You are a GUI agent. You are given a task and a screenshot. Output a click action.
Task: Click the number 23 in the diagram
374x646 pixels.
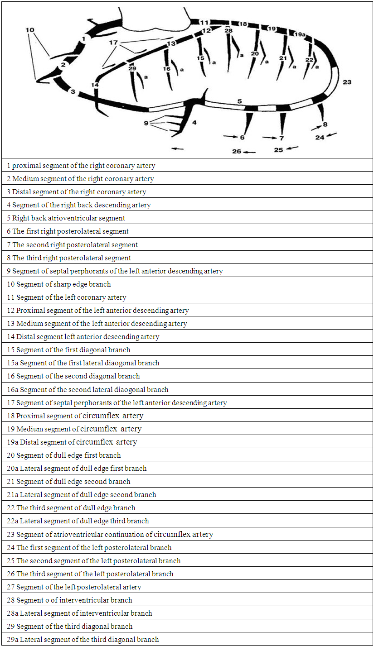tap(347, 82)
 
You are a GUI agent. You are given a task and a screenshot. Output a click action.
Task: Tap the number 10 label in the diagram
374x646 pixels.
tap(30, 30)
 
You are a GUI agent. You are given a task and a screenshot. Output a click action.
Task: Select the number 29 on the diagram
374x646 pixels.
tap(132, 68)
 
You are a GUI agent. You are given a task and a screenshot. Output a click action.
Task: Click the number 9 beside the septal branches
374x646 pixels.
tap(146, 123)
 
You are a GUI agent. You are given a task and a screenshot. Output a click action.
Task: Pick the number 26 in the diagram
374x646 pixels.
tap(237, 151)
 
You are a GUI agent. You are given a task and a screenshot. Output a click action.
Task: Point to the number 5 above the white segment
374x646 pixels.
tap(240, 101)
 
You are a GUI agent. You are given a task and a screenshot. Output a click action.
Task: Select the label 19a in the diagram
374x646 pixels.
tap(299, 34)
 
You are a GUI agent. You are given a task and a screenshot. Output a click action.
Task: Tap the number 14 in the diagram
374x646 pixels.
tap(95, 85)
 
